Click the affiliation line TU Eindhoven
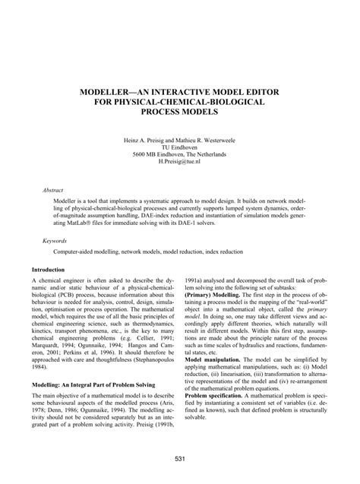click(181, 149)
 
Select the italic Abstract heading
click(53, 185)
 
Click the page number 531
click(180, 458)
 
